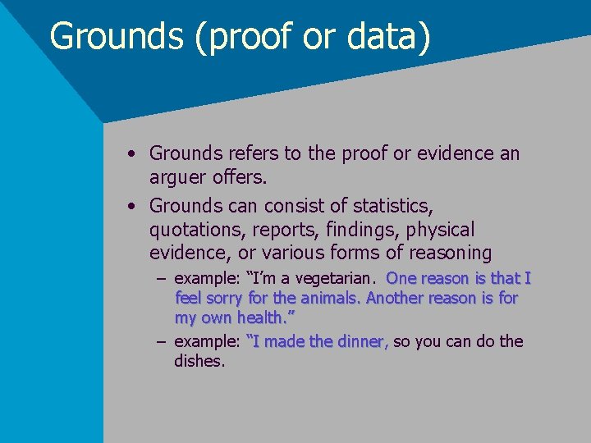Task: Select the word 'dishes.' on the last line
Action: tap(199, 360)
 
